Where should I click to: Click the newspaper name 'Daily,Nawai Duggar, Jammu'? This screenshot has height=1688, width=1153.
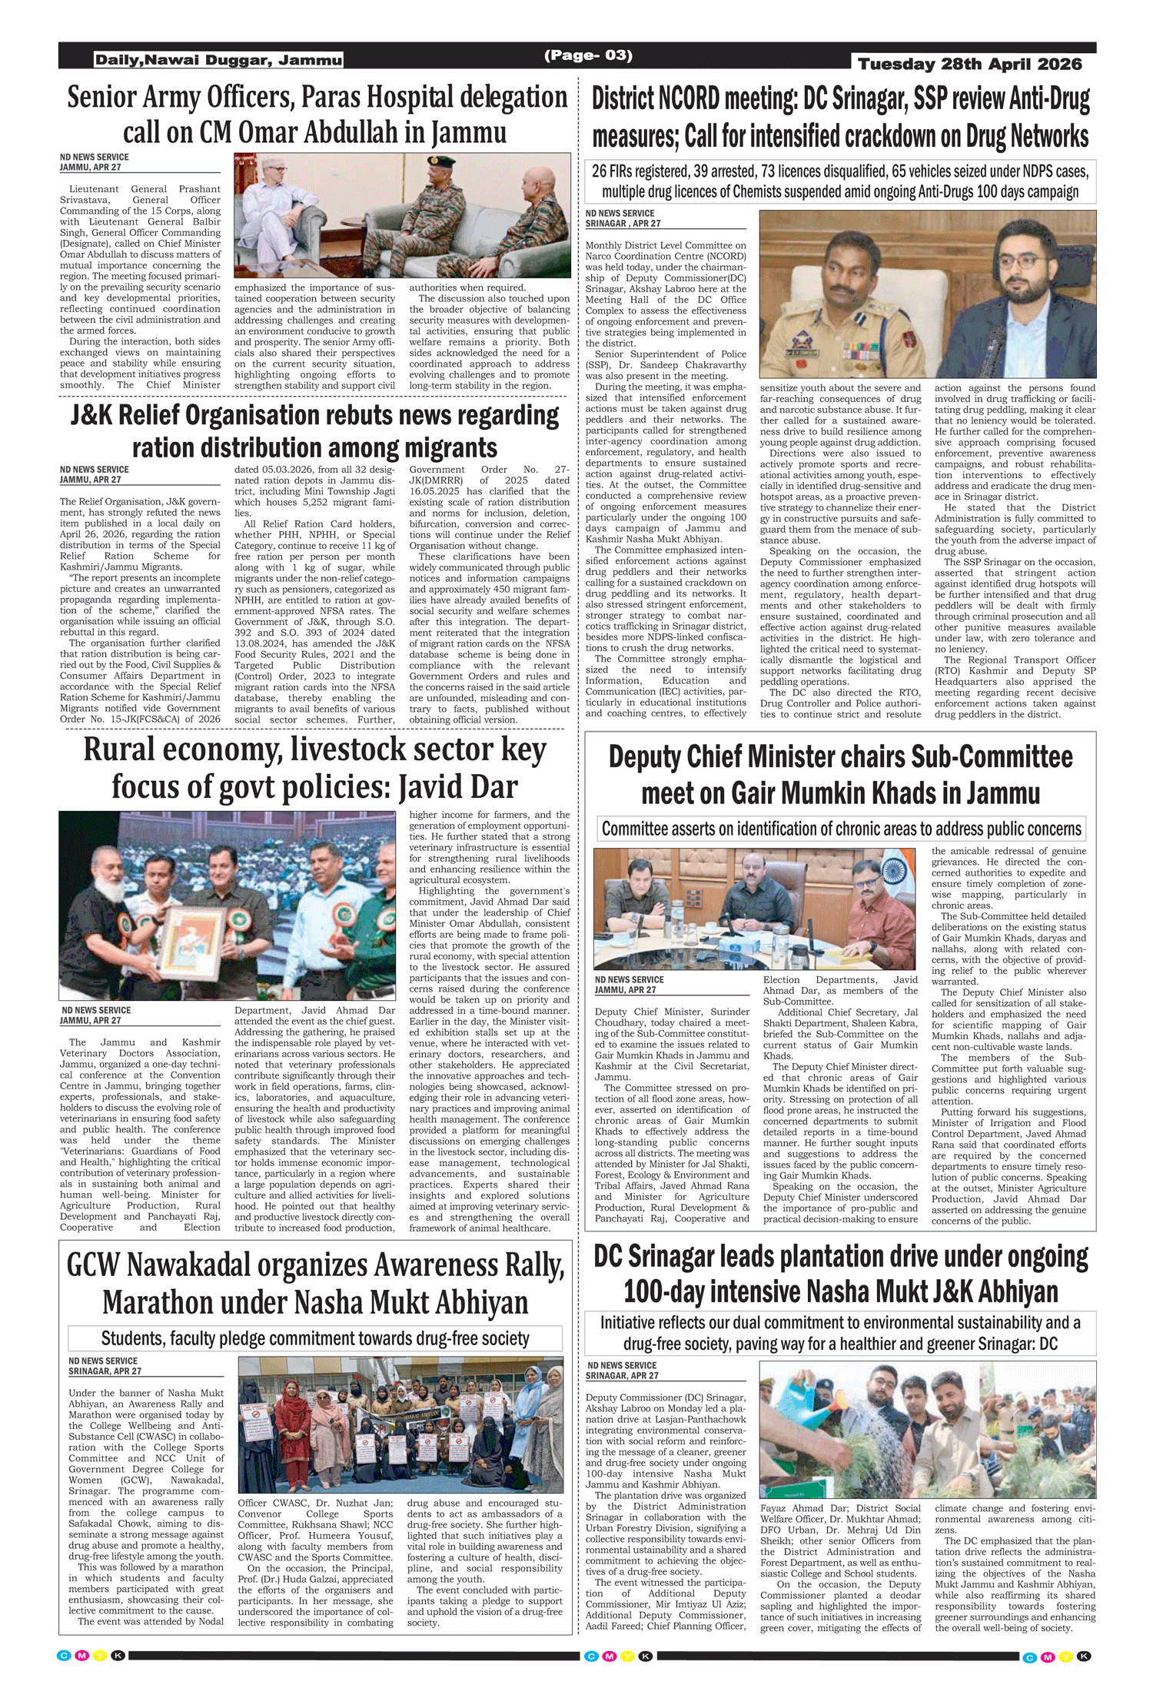tap(218, 60)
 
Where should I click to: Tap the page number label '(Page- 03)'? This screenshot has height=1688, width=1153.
tap(588, 55)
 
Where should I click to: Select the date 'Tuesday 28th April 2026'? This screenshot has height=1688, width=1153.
tap(969, 65)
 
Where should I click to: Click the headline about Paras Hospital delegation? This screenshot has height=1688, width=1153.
tap(316, 114)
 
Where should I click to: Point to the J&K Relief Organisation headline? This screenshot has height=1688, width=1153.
tap(314, 430)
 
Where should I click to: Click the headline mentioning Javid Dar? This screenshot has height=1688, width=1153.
tap(314, 767)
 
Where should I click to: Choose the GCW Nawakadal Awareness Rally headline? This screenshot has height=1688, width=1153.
tap(315, 1283)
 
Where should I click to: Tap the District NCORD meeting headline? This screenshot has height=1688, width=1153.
tap(840, 117)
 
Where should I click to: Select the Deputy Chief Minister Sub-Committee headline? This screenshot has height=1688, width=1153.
tap(840, 774)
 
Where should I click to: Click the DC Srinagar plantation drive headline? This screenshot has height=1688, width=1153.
tap(840, 1274)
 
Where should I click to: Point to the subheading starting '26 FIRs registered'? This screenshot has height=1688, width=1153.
tap(840, 181)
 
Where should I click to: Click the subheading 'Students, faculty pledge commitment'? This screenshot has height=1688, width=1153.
tap(315, 1338)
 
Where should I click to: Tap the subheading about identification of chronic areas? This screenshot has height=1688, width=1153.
tap(841, 829)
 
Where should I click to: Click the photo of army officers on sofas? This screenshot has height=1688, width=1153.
tap(403, 214)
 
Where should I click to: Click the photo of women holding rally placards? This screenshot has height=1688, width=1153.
tap(400, 1424)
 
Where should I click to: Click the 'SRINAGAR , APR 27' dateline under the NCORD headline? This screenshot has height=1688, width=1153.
tap(623, 224)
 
